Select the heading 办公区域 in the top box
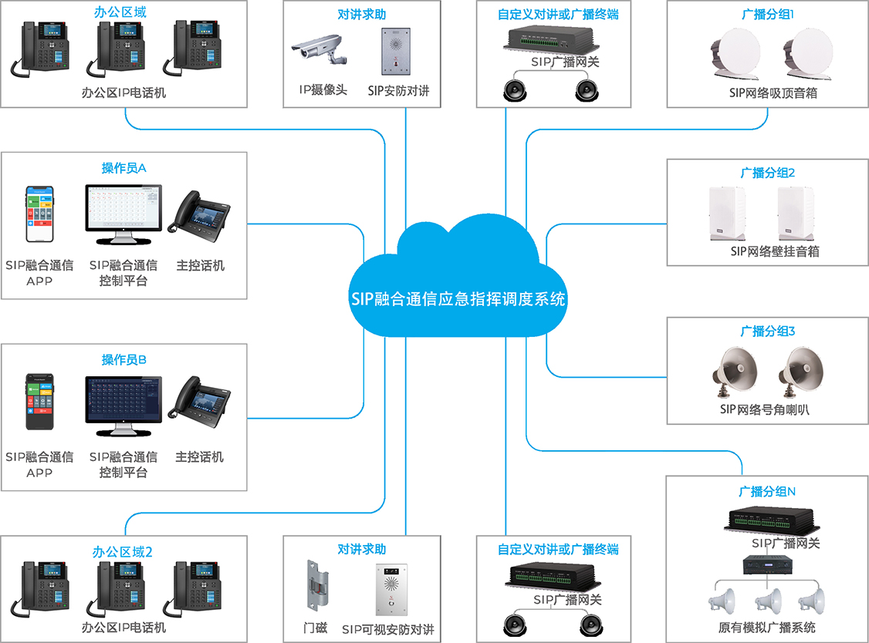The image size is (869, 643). coord(124,13)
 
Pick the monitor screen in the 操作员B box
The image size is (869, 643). coord(123,399)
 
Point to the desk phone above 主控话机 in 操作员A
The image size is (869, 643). coord(199,212)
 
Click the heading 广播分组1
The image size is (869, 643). coord(767,14)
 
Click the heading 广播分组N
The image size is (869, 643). coord(767,491)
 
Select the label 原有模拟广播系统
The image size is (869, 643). coord(766,628)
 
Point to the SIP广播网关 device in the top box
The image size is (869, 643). coord(553,40)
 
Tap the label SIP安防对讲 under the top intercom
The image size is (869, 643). coord(398,91)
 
